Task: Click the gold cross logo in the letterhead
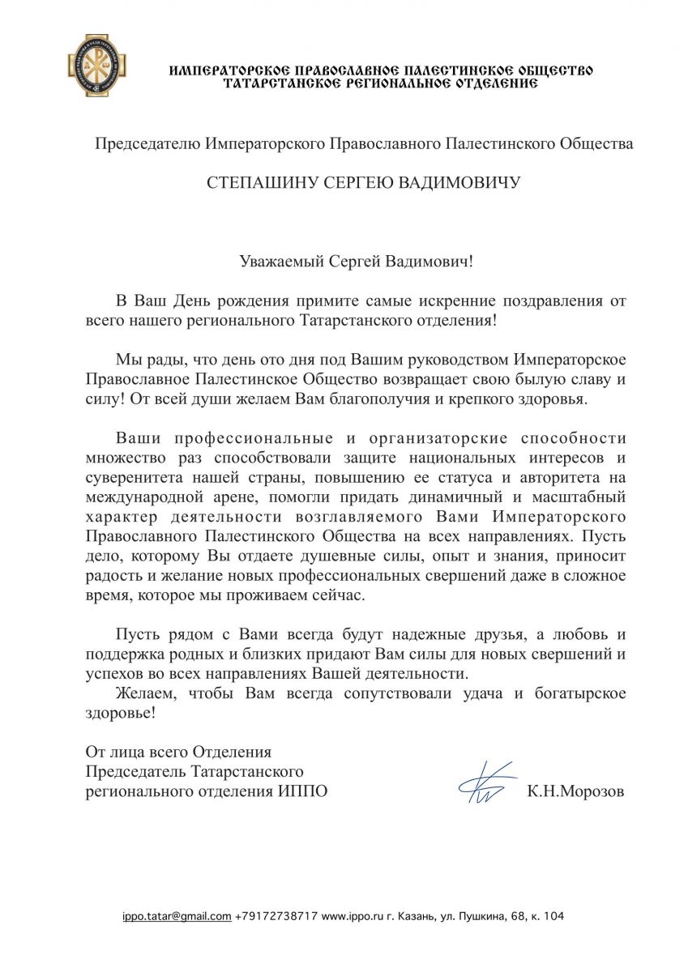point(97,65)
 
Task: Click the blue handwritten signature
point(486,782)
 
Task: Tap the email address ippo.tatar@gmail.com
point(177,916)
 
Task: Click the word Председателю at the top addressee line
point(147,144)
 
